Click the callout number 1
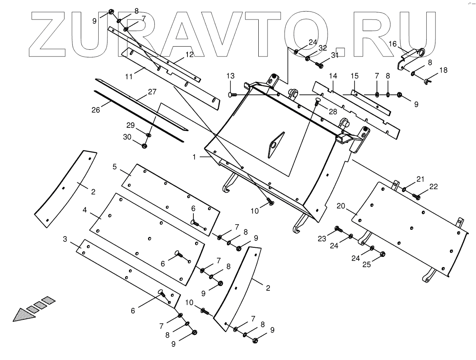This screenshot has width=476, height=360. tap(194, 157)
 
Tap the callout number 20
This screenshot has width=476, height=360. tap(341, 206)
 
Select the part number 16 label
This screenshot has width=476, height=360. tap(393, 44)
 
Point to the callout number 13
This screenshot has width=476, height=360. tap(231, 76)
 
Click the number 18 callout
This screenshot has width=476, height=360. tap(443, 70)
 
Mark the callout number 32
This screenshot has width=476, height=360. tap(323, 48)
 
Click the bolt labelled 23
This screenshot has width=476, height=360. tap(338, 229)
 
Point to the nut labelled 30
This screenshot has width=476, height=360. tap(144, 145)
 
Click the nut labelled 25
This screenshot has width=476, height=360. tap(382, 254)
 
